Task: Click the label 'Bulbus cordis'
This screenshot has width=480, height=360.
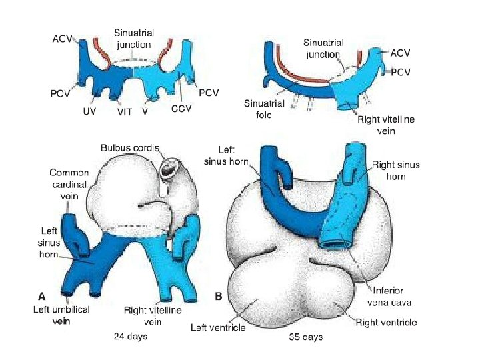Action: point(130,147)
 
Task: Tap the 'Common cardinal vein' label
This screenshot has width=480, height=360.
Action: point(69,183)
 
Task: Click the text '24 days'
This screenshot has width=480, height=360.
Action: point(131,337)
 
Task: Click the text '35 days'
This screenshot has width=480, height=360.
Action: point(306,337)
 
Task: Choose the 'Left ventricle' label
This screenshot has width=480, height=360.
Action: point(218,327)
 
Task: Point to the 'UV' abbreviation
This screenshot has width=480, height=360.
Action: point(89,112)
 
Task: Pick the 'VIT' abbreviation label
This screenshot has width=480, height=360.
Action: point(125,113)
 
